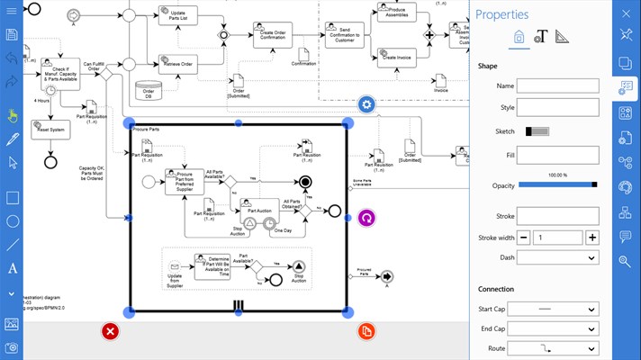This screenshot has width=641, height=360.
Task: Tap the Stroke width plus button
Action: (591, 238)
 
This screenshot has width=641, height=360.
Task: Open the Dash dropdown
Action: (558, 257)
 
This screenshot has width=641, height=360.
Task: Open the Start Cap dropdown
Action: (558, 309)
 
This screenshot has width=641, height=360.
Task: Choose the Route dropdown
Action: (558, 348)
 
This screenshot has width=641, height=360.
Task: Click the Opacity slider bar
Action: (557, 184)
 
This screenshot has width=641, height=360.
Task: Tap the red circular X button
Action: (110, 331)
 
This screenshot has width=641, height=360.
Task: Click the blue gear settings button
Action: (366, 105)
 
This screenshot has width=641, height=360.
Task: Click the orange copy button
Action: (366, 331)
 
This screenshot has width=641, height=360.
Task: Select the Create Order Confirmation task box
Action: (277, 35)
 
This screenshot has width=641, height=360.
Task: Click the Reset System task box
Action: (50, 130)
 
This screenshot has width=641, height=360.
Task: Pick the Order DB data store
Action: (149, 91)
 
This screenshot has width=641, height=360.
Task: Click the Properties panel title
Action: (501, 14)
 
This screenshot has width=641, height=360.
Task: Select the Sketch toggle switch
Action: (537, 131)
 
